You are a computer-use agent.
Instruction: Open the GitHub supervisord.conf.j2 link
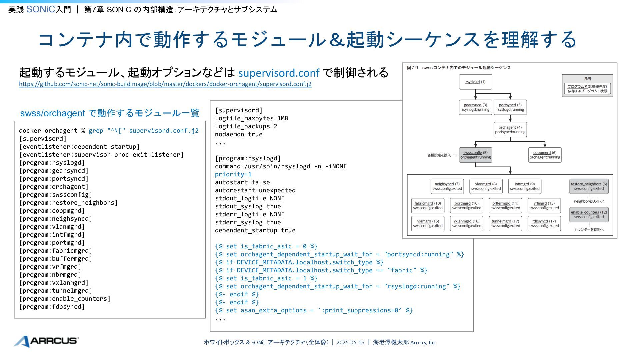165,84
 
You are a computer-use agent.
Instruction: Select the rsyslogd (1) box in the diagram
475,82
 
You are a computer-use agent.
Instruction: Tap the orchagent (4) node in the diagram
510,130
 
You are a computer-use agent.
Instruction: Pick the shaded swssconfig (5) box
475,155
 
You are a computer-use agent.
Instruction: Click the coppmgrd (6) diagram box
545,155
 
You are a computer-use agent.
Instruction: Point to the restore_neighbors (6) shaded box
589,186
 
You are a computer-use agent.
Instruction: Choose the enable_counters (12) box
589,215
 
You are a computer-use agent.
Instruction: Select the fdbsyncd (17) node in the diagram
544,223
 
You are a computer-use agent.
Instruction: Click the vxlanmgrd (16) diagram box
466,223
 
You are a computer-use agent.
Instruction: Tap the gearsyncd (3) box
475,107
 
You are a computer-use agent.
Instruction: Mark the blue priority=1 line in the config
233,174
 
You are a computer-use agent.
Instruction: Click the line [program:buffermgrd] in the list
55,259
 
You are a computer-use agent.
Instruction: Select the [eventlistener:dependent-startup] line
79,147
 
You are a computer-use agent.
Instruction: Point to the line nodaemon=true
239,134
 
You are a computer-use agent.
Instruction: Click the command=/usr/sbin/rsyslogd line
281,166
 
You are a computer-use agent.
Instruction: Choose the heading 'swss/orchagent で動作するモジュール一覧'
110,113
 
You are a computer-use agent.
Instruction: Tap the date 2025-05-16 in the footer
350,342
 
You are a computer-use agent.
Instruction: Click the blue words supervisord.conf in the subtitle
279,73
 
